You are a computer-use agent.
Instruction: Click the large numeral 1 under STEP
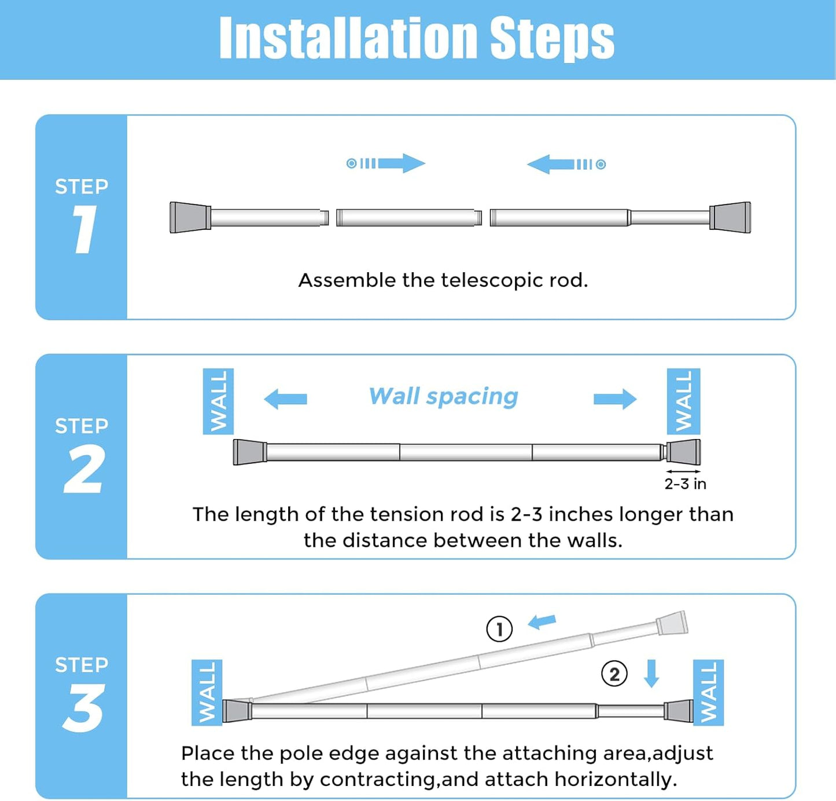[x=84, y=230]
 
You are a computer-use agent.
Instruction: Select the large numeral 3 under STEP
[x=84, y=708]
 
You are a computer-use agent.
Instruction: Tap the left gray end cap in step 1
[x=190, y=217]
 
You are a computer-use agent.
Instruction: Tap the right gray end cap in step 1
[x=730, y=217]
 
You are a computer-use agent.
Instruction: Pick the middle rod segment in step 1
[x=408, y=218]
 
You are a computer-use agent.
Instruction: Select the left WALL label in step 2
[x=218, y=401]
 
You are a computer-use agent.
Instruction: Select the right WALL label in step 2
[x=683, y=401]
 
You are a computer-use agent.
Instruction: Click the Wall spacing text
[x=444, y=397]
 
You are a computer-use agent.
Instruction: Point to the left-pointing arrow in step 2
[x=285, y=399]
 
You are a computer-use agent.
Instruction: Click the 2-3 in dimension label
[x=685, y=484]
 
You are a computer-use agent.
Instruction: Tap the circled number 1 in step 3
[x=499, y=629]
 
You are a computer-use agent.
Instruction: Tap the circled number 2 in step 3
[x=614, y=674]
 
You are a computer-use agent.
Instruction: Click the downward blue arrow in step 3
[x=651, y=673]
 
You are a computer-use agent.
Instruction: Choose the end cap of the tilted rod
[x=672, y=624]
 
